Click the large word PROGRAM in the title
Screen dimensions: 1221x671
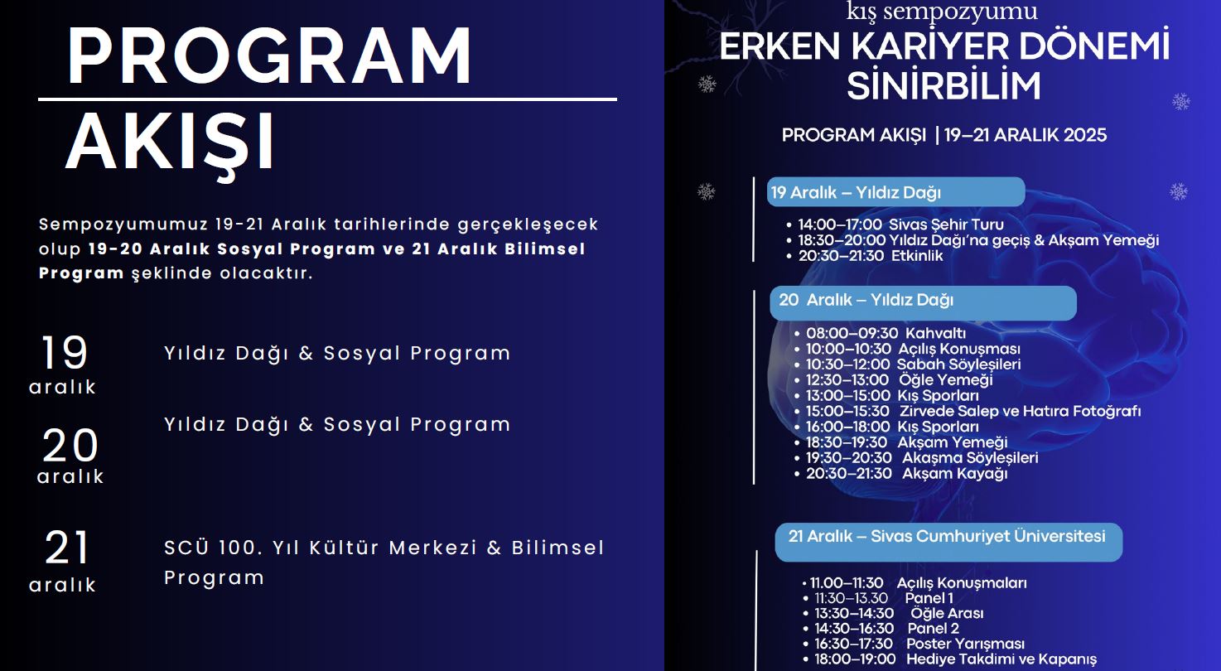[268, 56]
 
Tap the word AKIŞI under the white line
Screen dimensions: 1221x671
[170, 144]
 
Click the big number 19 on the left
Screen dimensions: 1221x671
[65, 352]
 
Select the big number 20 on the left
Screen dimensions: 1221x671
[70, 446]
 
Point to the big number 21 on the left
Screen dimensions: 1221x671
[66, 548]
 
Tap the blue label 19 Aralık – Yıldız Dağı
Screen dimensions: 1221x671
[895, 192]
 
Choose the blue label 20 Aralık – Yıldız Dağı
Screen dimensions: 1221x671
[923, 302]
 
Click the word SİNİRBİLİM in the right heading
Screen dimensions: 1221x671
[943, 86]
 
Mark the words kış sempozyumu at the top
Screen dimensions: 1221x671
[942, 12]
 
